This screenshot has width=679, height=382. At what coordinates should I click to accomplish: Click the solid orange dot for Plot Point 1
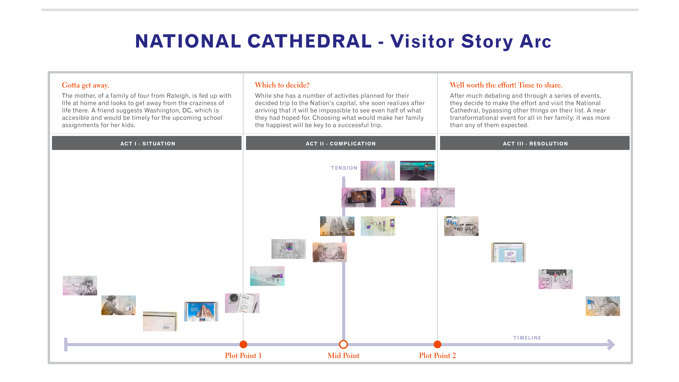tap(243, 344)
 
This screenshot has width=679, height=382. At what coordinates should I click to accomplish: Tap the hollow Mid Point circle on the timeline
tap(343, 344)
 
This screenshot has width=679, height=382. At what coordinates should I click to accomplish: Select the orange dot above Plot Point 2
tap(437, 344)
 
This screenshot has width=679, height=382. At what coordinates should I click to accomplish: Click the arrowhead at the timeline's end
tap(611, 345)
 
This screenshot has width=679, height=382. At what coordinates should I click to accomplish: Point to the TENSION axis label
tap(344, 168)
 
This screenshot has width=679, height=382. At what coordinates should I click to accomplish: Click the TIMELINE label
tap(527, 338)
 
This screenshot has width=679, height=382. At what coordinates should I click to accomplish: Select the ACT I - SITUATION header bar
tap(147, 143)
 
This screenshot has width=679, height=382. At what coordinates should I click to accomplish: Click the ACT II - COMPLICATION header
tap(340, 143)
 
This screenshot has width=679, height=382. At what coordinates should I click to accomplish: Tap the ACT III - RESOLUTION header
tap(535, 143)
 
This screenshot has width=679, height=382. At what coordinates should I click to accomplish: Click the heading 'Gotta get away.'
tap(85, 85)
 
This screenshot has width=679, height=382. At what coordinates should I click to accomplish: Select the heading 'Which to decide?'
tap(282, 85)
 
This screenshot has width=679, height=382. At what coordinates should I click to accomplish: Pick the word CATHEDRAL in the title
tap(309, 41)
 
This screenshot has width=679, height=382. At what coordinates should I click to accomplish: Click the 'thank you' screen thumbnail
tap(508, 252)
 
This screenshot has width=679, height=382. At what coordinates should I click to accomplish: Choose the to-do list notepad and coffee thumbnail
tap(242, 303)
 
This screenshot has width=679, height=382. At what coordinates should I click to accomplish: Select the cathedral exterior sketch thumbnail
tap(337, 226)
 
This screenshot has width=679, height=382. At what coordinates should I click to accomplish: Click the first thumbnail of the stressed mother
tap(80, 286)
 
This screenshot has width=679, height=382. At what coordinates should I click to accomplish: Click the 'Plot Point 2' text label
tap(437, 356)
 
